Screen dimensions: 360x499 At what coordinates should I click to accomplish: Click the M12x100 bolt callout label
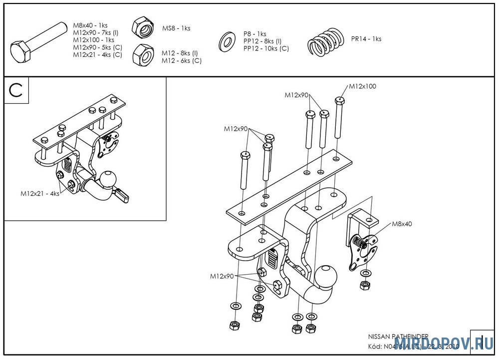coord(362,86)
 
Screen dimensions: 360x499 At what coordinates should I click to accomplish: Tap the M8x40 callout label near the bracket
coord(401,224)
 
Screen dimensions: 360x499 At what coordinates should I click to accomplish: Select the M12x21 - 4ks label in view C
coord(39,193)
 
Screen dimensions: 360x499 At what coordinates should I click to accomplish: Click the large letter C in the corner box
coord(16,90)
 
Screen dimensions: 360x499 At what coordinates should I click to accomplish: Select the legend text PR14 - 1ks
coord(366,38)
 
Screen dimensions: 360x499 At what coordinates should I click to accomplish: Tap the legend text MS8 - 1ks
coord(176,28)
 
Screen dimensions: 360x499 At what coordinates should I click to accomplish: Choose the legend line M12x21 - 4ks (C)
coord(97,54)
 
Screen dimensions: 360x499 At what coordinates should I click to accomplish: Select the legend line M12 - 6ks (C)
coord(182,60)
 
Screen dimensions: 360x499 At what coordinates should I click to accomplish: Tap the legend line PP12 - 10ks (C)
coord(266,48)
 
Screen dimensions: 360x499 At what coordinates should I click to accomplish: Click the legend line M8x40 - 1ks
coord(90,25)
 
